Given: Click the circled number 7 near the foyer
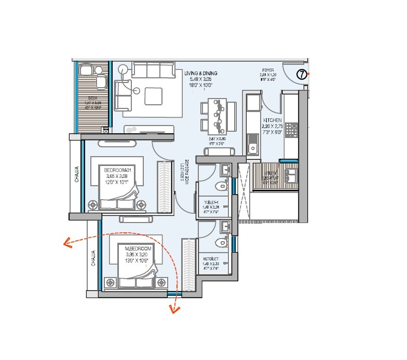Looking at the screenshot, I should coord(302,74).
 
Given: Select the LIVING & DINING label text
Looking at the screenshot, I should coord(200,73).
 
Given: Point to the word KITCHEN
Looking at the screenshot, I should coord(272,120).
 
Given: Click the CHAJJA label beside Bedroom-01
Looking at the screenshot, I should coord(76,174).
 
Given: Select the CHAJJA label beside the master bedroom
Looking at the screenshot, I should coord(93,258).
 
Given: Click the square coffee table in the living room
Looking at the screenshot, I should coord(154,96).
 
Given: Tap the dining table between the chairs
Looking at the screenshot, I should coord(216,115).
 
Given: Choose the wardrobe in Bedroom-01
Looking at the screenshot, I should coord(164,186).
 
